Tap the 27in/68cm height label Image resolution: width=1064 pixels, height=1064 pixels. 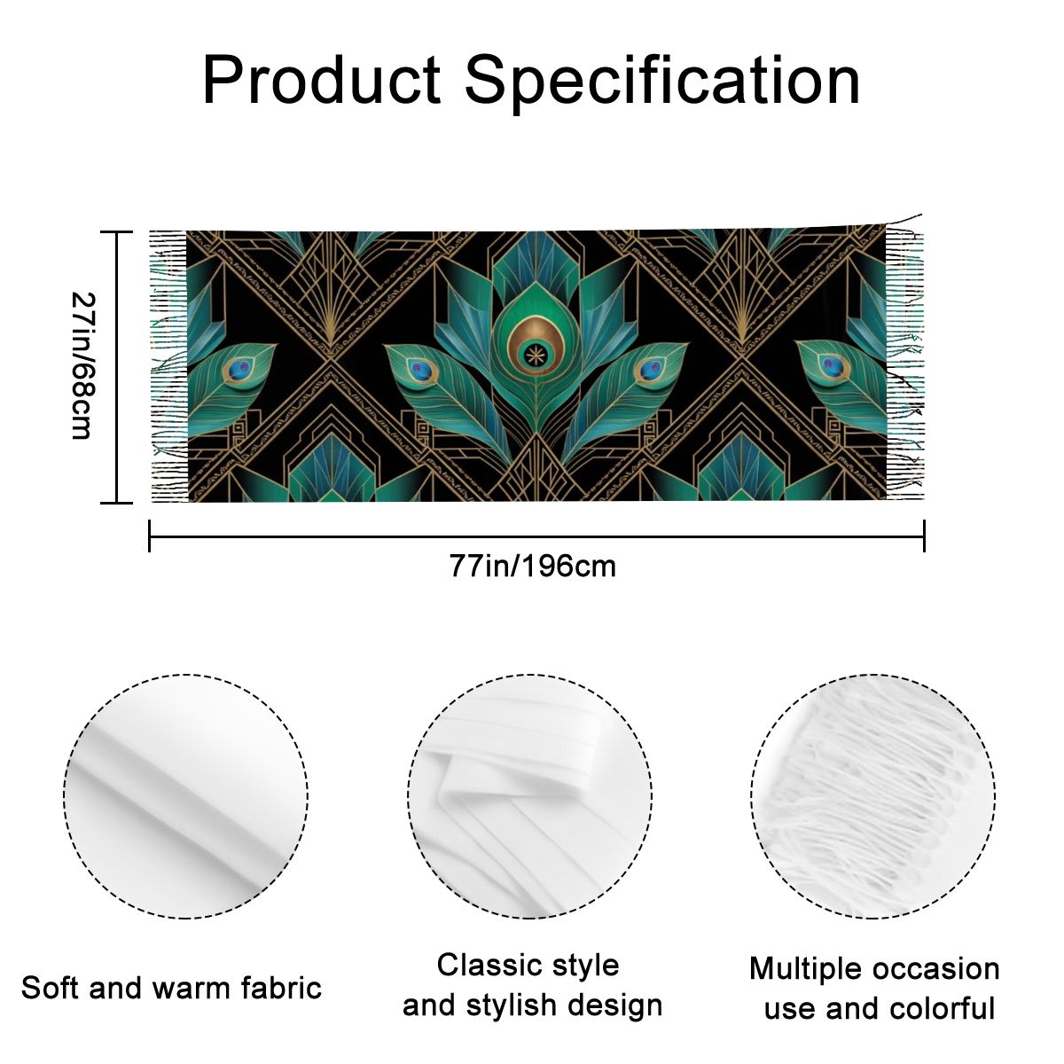pyautogui.click(x=84, y=366)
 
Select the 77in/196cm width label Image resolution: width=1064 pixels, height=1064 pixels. pyautogui.click(x=532, y=567)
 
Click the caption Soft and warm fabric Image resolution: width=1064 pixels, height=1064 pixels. pyautogui.click(x=171, y=988)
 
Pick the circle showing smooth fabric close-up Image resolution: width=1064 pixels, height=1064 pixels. pyautogui.click(x=186, y=797)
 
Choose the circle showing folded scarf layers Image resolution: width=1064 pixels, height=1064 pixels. pyautogui.click(x=530, y=797)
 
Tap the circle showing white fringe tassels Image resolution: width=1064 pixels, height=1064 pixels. pyautogui.click(x=873, y=797)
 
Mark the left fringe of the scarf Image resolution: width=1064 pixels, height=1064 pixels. pyautogui.click(x=169, y=366)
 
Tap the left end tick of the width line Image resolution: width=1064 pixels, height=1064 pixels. pyautogui.click(x=150, y=536)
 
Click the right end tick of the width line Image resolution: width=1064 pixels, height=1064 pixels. pyautogui.click(x=924, y=536)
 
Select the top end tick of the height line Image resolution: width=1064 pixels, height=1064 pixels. pyautogui.click(x=116, y=232)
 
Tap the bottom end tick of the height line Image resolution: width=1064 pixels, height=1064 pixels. pyautogui.click(x=116, y=503)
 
